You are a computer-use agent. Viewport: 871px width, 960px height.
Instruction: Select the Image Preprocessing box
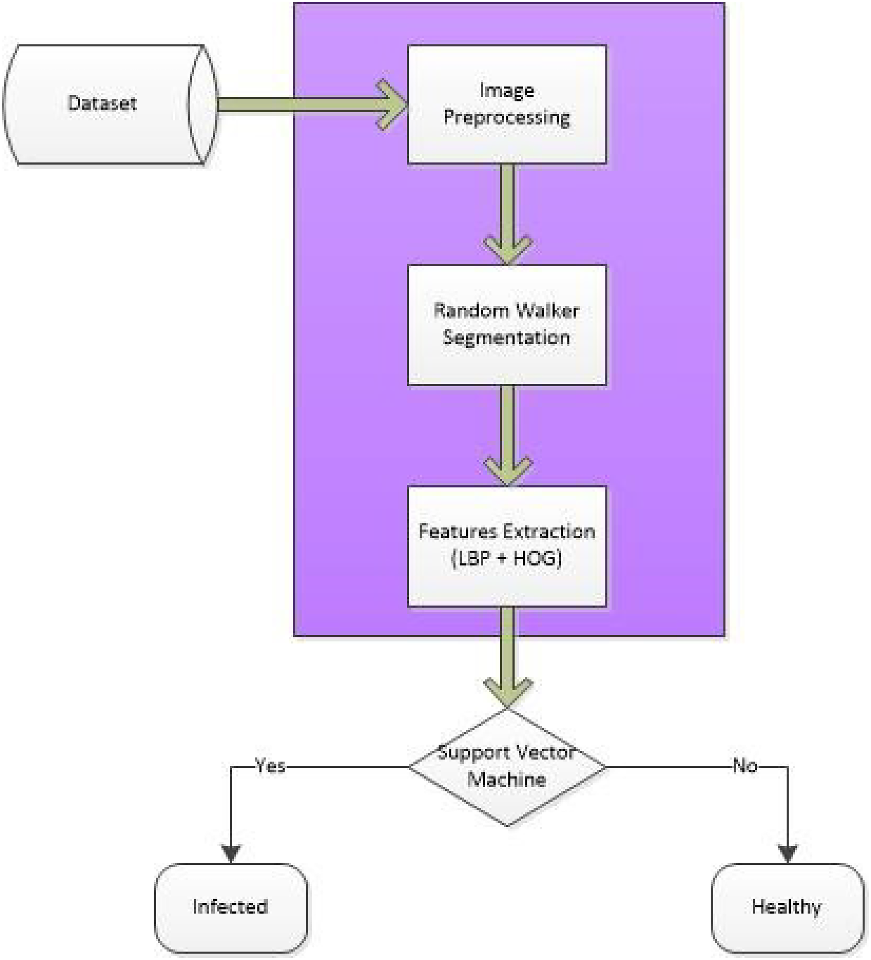pos(507,104)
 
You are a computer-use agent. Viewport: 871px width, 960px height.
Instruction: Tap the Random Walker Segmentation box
pos(507,324)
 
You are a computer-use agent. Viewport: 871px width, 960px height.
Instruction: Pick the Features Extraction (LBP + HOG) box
pos(507,546)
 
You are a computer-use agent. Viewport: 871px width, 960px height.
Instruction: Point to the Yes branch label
pos(270,765)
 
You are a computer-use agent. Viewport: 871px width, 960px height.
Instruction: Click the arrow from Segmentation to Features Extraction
pos(508,435)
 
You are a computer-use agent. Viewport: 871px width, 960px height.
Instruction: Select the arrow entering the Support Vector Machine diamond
pos(508,657)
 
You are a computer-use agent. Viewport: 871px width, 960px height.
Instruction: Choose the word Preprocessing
pos(507,117)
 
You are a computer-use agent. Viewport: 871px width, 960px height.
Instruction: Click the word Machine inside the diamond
pos(506,780)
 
